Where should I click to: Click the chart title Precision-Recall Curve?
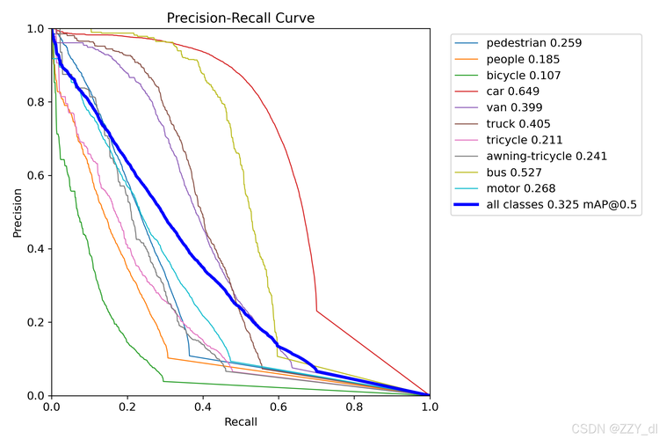click(241, 18)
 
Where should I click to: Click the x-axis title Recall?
click(241, 422)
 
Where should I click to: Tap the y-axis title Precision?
click(18, 213)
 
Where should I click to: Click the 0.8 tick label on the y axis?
click(36, 102)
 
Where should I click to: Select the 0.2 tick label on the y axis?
click(36, 322)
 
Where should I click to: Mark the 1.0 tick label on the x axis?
click(430, 407)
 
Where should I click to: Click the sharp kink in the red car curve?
click(316, 311)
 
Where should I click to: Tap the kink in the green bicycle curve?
click(163, 381)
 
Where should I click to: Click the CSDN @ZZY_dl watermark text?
click(614, 429)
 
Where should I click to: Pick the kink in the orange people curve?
click(168, 358)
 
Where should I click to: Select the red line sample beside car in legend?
click(467, 92)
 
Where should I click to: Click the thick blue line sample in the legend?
click(467, 205)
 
